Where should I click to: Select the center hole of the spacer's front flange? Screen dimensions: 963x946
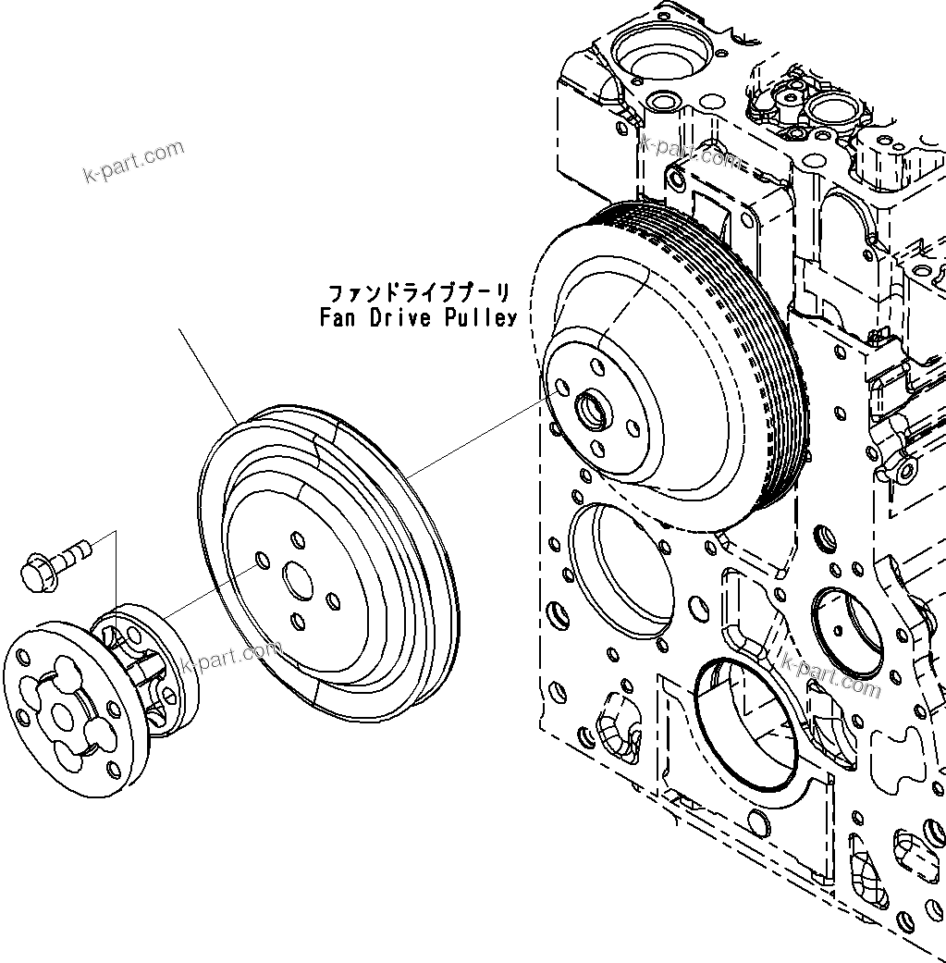[64, 716]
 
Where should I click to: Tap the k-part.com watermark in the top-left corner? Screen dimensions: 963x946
[133, 162]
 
